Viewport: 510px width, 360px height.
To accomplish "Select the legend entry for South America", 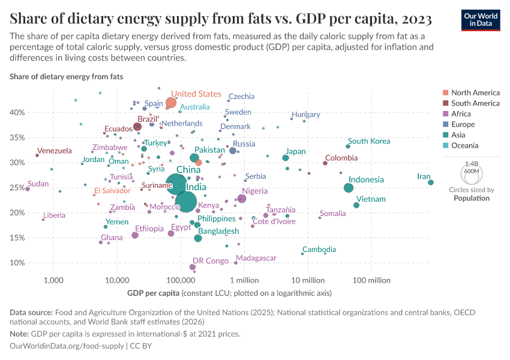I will (475, 103).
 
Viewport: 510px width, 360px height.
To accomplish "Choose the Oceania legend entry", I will (465, 145).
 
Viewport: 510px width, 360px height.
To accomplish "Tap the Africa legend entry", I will (461, 114).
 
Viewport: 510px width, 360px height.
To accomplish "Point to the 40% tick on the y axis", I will (33, 113).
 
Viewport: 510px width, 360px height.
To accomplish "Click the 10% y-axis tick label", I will (33, 263).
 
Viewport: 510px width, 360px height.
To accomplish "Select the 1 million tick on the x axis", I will (244, 280).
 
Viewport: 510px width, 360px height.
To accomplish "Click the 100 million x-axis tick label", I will (371, 280).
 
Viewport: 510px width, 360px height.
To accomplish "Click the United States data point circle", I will (171, 103).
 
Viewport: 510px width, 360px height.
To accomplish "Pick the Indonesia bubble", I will (349, 188).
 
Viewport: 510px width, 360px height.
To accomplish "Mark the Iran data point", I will (431, 182).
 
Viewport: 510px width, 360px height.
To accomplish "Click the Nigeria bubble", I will (242, 199).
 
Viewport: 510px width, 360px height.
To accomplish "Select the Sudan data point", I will (28, 189).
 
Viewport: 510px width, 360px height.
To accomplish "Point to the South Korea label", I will (369, 141).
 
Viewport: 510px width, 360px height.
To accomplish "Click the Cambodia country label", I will (323, 250).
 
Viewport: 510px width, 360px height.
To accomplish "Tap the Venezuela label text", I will (55, 151).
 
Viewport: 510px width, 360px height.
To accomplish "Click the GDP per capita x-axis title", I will (153, 293).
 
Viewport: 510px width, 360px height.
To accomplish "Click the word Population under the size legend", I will (472, 198).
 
